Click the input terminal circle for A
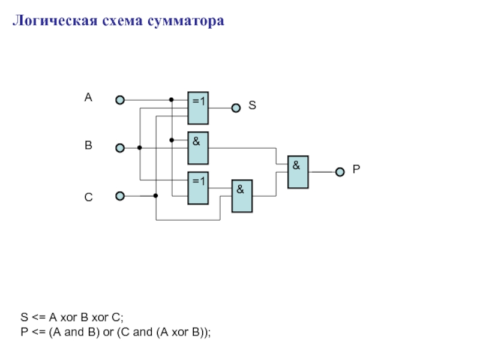point(120,100)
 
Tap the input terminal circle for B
point(120,148)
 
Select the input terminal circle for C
point(120,196)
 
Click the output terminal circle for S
point(236,108)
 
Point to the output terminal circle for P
point(340,172)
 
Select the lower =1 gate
point(198,188)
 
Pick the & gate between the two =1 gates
point(198,148)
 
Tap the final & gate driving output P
point(298,172)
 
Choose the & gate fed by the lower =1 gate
point(242,196)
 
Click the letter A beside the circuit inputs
point(88,97)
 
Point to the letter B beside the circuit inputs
point(88,145)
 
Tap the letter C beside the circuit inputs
point(88,196)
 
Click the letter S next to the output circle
point(252,105)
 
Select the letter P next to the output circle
point(356,170)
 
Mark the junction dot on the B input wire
point(140,148)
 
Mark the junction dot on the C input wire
point(156,196)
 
